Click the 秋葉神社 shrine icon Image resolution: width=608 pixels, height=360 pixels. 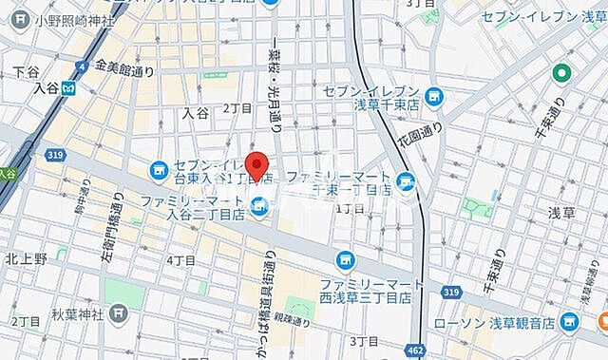(x=118, y=313)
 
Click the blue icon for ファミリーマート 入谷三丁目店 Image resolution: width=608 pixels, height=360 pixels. (x=258, y=201)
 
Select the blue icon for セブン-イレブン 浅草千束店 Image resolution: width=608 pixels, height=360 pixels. (x=434, y=96)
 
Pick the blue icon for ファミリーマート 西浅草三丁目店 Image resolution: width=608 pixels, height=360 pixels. (x=344, y=258)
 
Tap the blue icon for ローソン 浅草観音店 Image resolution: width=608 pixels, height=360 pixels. (x=570, y=320)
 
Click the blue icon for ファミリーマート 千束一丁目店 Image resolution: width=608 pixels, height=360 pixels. (x=407, y=180)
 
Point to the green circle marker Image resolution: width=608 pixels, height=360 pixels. (x=563, y=71)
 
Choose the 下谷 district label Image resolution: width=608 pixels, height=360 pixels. (x=25, y=71)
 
